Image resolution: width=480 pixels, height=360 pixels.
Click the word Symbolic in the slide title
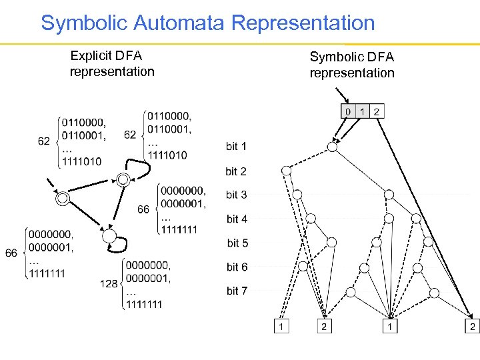86,23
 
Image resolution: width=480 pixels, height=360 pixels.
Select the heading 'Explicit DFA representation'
111,63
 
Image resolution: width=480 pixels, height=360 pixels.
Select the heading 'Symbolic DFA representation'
351,65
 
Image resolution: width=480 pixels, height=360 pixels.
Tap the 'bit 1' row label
236,146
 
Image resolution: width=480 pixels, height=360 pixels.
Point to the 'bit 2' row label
236,171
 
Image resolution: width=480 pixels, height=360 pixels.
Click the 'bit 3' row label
236,195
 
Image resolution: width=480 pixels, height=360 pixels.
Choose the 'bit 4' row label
236,219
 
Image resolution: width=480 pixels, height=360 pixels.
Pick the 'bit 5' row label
237,243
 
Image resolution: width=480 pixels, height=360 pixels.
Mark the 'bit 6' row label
237,267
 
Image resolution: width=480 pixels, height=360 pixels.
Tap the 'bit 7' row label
237,291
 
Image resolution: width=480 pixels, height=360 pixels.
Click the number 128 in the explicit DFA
109,284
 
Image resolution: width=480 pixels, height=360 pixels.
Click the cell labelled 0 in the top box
347,111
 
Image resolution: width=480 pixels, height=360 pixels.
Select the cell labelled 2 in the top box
377,111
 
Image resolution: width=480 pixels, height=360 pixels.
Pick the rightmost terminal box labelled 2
471,327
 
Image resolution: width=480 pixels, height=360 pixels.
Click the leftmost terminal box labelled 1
282,327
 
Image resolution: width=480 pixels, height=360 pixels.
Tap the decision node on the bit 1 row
333,146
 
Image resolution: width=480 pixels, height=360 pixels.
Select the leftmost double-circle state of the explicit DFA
63,198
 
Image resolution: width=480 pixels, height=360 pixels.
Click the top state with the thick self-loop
123,179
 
